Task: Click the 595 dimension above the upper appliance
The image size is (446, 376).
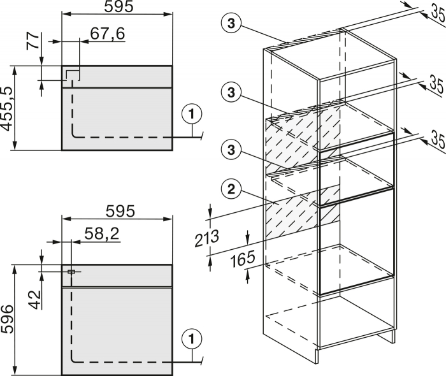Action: click(x=117, y=8)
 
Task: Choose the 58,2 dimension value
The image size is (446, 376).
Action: click(x=101, y=233)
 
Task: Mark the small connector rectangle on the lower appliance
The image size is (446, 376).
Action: click(x=70, y=271)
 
